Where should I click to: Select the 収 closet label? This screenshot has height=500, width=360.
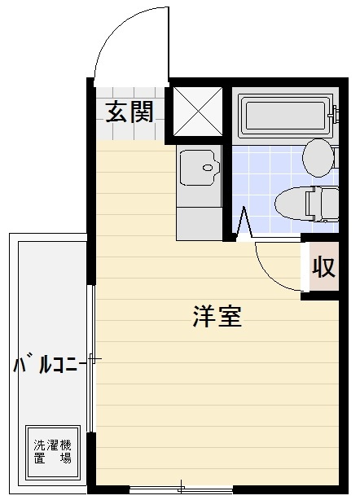pyautogui.click(x=324, y=266)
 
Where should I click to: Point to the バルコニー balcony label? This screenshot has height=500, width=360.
pyautogui.click(x=49, y=366)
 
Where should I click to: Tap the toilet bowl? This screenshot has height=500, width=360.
pyautogui.click(x=297, y=200)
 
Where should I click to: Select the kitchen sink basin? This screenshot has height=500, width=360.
pyautogui.click(x=198, y=169)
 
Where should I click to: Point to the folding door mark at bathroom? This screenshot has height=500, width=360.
pyautogui.click(x=244, y=221)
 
